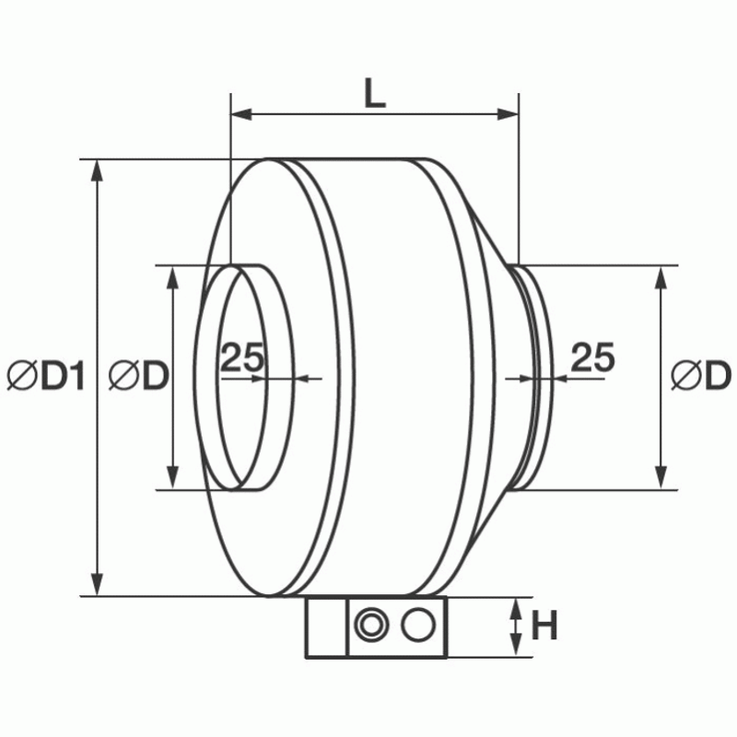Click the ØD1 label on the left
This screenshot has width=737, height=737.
point(45,377)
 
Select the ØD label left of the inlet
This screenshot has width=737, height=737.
point(137,377)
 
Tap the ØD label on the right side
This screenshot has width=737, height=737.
point(700,377)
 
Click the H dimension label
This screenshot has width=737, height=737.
point(544,627)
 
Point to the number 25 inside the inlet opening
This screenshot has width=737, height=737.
point(242,357)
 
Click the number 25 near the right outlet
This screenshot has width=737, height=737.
point(592,357)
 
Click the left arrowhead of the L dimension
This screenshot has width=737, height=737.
point(240,114)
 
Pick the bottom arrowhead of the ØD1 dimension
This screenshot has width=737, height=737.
point(96,585)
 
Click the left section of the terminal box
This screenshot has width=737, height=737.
point(326,628)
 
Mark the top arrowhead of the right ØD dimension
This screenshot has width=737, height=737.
point(661,277)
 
